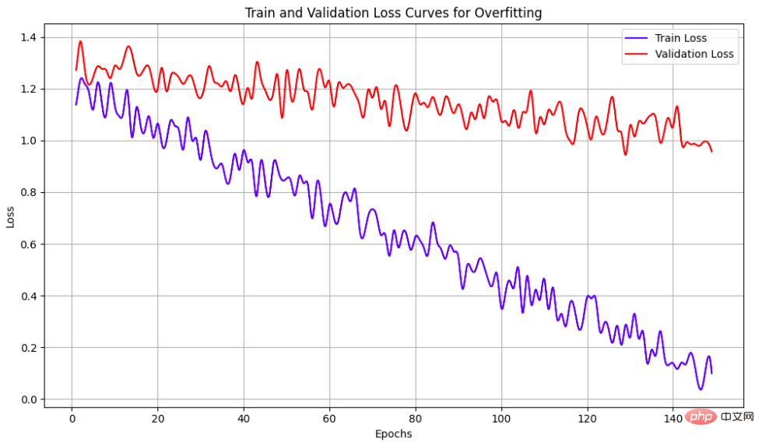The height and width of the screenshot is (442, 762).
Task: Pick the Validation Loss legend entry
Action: (694, 54)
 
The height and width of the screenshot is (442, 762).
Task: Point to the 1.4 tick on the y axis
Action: (29, 37)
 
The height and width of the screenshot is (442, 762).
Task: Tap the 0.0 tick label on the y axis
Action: (29, 399)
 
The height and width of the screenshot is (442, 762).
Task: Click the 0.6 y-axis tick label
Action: (29, 244)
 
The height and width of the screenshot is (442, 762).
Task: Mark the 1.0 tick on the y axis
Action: (29, 141)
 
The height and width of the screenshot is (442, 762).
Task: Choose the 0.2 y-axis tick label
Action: (29, 348)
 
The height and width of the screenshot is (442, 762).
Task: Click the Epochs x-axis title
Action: (393, 433)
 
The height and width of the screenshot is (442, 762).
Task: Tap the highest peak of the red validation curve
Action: (80, 41)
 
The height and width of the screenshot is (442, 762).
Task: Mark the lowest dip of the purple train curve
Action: (701, 389)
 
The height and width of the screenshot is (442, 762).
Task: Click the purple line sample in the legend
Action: (636, 38)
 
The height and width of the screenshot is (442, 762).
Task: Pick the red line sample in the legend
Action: (636, 54)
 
